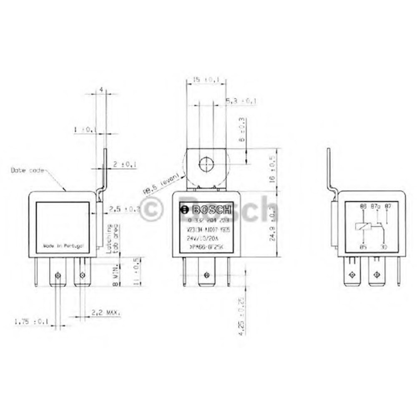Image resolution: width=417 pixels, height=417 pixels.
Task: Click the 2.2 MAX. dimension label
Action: coord(106,312)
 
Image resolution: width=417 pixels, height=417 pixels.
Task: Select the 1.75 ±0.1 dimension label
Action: coord(31,322)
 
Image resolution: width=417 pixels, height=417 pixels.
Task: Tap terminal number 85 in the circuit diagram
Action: coord(363,247)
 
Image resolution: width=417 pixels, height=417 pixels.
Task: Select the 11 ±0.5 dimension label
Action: coord(136,271)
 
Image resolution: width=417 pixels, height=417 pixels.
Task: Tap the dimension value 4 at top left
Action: coord(100,90)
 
